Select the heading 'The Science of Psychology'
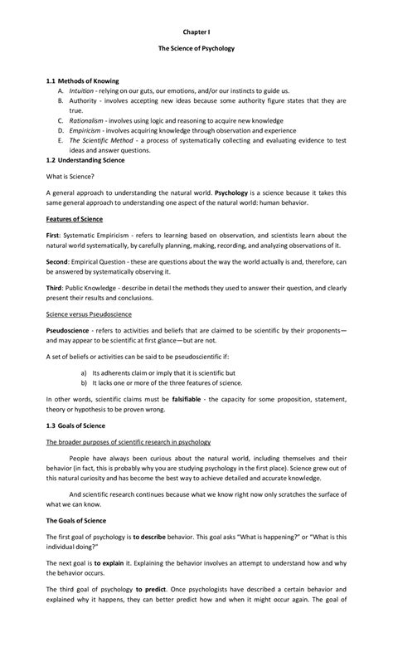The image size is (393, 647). [196, 49]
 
